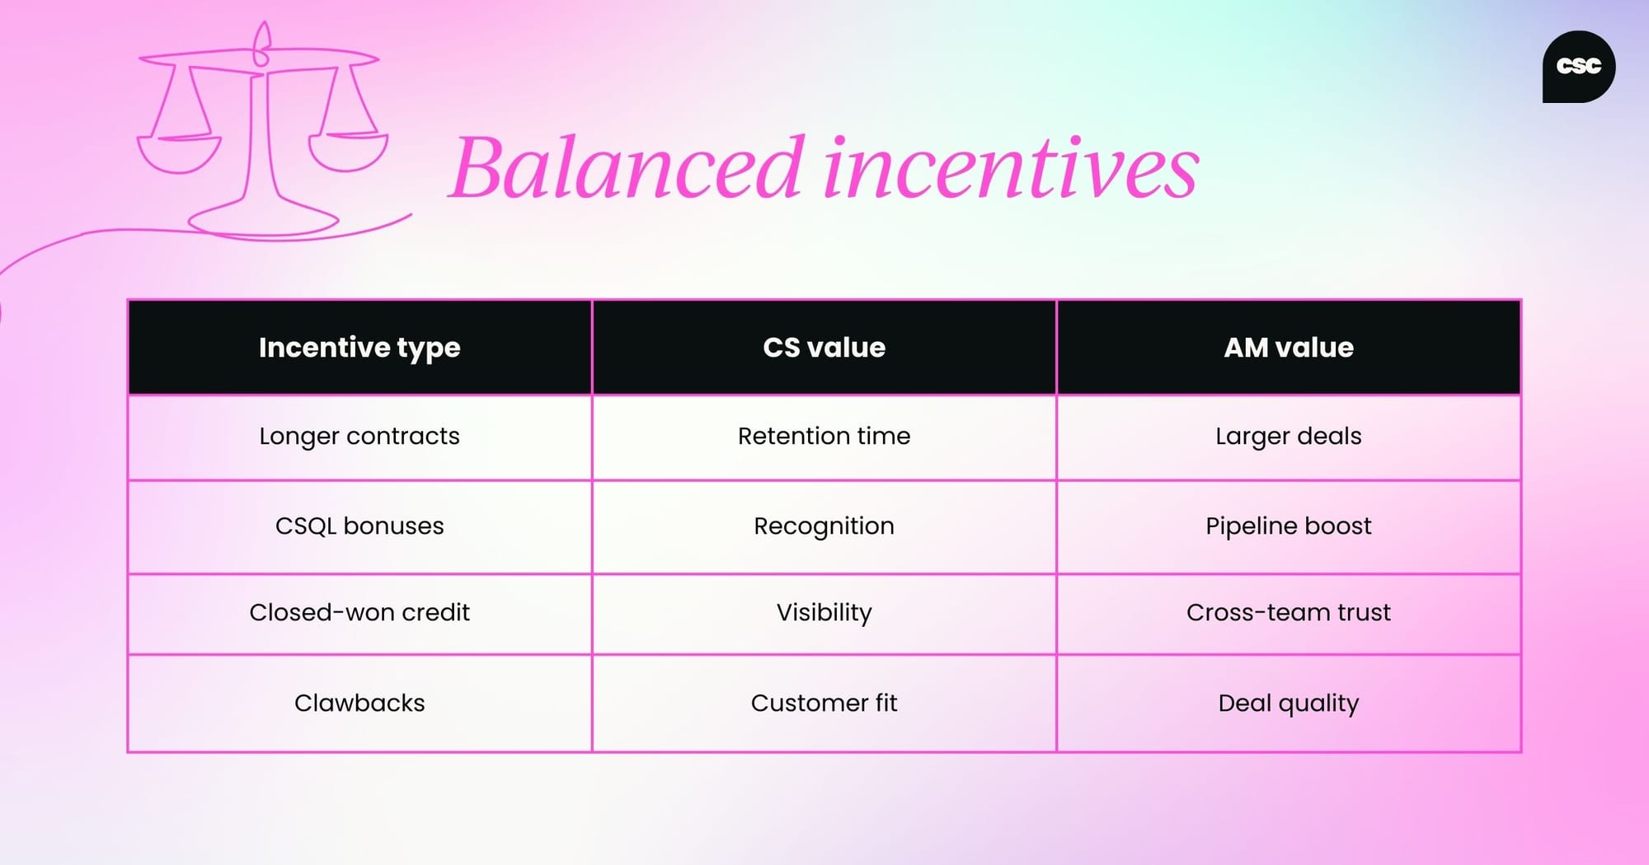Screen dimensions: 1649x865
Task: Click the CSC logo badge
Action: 1578,67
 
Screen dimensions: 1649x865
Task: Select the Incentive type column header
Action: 359,348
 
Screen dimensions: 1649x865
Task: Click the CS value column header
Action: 824,348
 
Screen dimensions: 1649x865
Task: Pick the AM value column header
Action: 1289,348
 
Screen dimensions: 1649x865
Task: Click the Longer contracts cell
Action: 359,436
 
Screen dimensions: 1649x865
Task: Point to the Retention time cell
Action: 824,436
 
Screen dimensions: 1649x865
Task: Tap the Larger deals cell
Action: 1289,436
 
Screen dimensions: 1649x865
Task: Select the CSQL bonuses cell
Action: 359,526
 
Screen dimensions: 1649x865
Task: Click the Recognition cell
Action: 824,526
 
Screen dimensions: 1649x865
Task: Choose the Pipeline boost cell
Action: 1289,526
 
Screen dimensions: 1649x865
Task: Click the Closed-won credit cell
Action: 359,612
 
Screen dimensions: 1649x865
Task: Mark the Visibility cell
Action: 824,612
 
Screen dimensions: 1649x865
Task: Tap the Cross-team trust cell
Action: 1289,612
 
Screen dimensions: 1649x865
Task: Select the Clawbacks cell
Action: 359,703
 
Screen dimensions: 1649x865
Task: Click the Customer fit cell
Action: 824,703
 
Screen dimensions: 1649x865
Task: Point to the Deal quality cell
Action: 1289,703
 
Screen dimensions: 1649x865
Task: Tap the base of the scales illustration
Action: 264,220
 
